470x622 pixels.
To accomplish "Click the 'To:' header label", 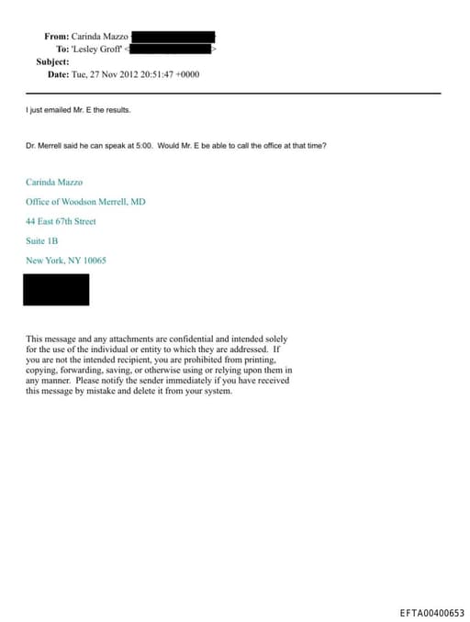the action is click(x=62, y=49).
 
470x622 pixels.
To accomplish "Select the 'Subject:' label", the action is click(x=52, y=61).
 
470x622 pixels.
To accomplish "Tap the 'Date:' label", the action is click(x=58, y=73).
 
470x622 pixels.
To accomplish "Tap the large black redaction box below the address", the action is click(x=57, y=289).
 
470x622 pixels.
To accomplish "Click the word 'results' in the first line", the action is click(x=117, y=110).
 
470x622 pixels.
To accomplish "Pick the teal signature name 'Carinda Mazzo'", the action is click(x=54, y=182).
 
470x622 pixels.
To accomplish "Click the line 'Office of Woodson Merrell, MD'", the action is click(x=84, y=201).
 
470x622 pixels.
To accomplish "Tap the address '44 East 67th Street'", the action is click(x=61, y=221).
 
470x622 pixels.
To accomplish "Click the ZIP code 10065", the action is click(x=93, y=261).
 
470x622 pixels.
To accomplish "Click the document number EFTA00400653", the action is click(x=432, y=613).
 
